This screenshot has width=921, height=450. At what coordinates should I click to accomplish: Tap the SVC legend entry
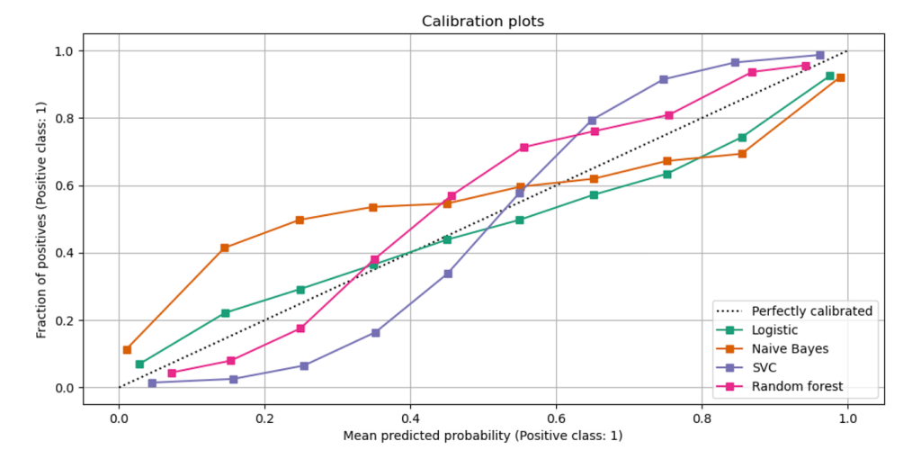coord(765,367)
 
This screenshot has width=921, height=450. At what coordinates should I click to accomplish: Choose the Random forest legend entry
coord(797,386)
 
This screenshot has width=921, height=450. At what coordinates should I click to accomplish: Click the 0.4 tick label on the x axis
coord(410,418)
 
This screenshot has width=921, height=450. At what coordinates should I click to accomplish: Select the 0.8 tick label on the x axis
coord(702,418)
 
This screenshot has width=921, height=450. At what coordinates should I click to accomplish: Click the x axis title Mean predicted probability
coord(482,436)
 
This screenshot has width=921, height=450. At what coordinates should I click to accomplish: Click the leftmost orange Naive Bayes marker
coord(127,349)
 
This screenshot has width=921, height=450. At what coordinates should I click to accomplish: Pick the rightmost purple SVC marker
coord(819,55)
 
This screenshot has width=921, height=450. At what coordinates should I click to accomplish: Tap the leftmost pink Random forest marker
coord(172,373)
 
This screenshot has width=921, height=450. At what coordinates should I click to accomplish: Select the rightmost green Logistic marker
coord(829,76)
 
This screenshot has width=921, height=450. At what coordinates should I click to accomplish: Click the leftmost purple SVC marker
coord(152,382)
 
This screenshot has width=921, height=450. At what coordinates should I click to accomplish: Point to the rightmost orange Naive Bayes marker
coord(840,77)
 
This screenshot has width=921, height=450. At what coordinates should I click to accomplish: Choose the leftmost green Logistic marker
coord(139,364)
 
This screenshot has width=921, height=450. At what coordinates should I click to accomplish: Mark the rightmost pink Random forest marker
coord(806,65)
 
